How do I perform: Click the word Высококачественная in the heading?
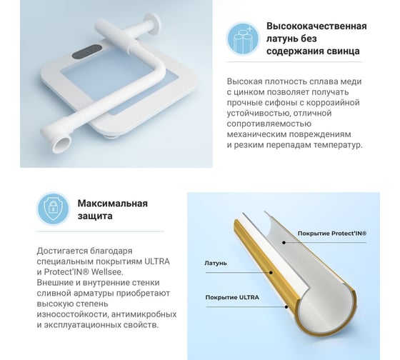coord(316,26)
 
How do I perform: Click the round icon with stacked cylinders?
coord(243,39)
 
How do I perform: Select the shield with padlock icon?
coord(53,209)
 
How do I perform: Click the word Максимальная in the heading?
coord(113,204)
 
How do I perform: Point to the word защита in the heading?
coord(95,216)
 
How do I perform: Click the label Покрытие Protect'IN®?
coord(332,234)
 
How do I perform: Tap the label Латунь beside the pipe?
coord(216,263)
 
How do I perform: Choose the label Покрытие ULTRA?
coord(232,297)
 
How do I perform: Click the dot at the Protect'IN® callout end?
coord(284,242)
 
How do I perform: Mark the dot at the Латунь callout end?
coord(271,272)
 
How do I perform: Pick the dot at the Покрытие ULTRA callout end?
coord(286,306)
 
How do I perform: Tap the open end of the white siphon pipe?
coord(61,144)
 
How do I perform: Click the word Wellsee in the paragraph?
coord(107,272)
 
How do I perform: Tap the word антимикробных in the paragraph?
coord(144,314)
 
